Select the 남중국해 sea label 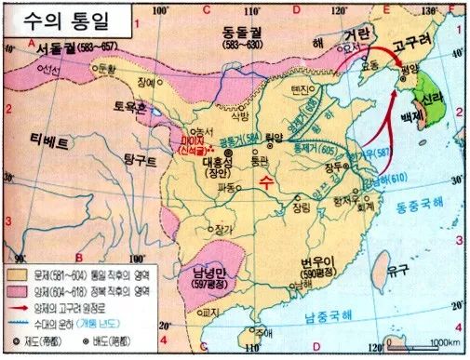[331, 319]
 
